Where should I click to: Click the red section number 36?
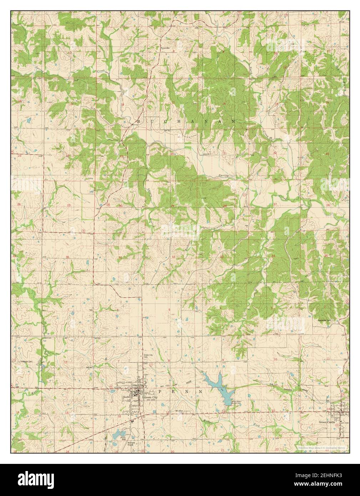coord(67,257)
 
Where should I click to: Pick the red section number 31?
coord(121,257)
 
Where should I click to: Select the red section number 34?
coord(274,256)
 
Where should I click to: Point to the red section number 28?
coord(225,206)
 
